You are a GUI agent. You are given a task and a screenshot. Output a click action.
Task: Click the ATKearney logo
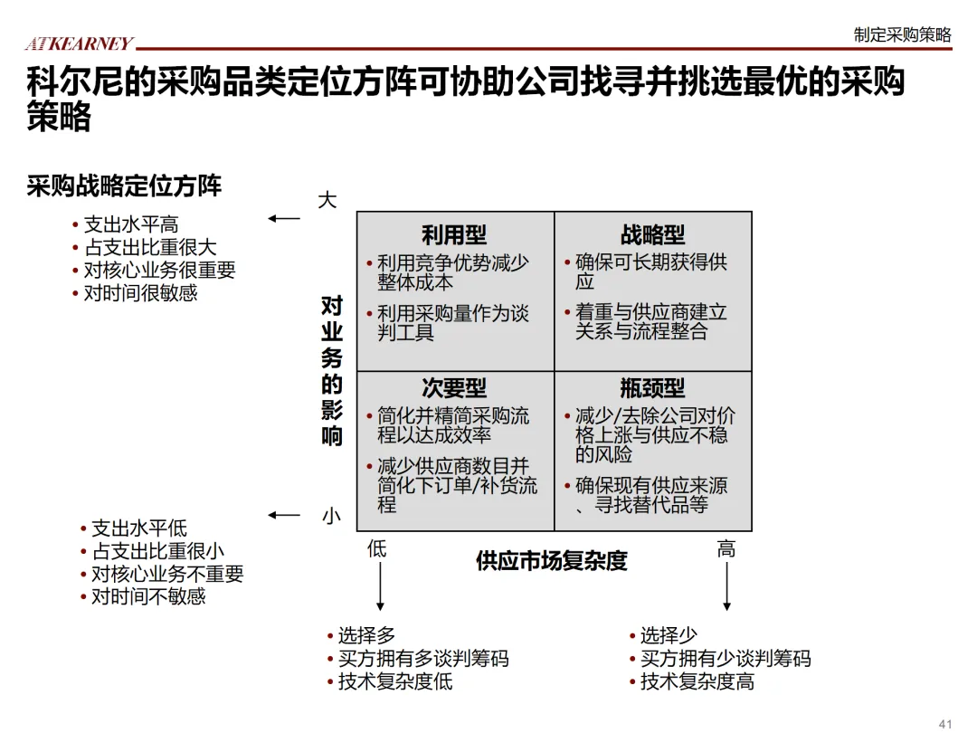[x=79, y=43]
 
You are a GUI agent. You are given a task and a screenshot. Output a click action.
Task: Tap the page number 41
[x=946, y=723]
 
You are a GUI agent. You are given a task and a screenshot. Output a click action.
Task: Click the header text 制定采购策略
[x=902, y=34]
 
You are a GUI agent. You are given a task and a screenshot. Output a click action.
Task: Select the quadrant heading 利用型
[x=454, y=235]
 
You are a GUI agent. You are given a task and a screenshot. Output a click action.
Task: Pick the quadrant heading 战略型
[x=652, y=235]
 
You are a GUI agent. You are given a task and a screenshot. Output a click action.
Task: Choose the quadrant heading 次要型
[x=454, y=388]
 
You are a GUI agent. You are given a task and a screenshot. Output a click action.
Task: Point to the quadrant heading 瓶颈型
[x=652, y=388]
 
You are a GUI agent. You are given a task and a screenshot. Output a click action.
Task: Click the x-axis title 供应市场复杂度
[x=551, y=561]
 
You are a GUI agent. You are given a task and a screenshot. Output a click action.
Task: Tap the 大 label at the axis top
[x=327, y=200]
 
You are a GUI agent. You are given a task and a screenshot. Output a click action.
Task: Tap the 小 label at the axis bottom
[x=331, y=517]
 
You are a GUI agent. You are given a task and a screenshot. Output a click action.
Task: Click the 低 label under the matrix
[x=377, y=548]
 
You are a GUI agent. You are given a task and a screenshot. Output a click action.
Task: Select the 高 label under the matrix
[x=726, y=548]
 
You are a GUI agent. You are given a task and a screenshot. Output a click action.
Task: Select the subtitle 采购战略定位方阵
[x=124, y=186]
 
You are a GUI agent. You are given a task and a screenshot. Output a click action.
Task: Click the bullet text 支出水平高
[x=131, y=224]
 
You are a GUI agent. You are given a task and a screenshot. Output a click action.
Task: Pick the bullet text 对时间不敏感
[x=148, y=596]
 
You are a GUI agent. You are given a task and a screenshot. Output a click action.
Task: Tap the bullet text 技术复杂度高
[x=697, y=681]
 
